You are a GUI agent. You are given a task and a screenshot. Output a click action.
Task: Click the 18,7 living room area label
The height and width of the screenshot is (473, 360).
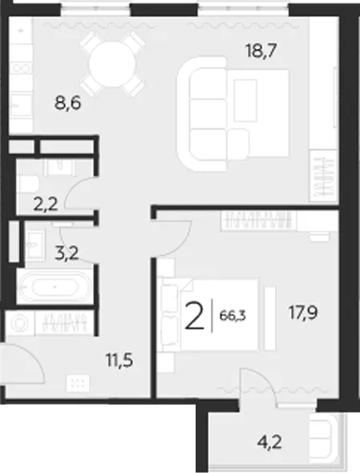click(x=261, y=51)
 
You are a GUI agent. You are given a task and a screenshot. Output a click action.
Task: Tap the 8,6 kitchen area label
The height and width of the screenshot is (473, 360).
click(x=68, y=103)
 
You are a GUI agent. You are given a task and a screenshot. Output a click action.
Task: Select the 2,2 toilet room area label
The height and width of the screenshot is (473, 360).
click(x=46, y=205)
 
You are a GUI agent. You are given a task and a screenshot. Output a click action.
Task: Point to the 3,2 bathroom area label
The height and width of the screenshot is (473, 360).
click(x=67, y=253)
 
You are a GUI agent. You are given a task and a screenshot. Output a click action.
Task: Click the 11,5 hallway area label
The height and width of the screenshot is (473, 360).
click(x=119, y=360)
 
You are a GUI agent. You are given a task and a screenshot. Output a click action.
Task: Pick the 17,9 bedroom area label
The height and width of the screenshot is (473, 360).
click(x=303, y=313)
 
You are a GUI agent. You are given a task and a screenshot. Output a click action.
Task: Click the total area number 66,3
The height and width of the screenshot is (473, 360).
click(x=233, y=316)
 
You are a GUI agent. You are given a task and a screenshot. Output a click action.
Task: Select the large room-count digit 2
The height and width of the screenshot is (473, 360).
click(x=195, y=316)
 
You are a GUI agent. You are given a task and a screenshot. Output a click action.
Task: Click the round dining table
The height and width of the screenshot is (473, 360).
click(x=112, y=63)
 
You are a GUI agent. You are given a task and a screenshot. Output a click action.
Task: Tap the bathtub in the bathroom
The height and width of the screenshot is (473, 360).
click(x=55, y=287)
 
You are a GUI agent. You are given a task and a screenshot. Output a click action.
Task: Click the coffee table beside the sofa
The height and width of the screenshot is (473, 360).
click(x=245, y=100)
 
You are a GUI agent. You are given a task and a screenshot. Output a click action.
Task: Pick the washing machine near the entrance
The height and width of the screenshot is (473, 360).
click(x=18, y=323)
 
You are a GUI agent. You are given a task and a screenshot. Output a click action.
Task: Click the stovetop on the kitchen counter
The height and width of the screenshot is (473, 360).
click(x=21, y=68)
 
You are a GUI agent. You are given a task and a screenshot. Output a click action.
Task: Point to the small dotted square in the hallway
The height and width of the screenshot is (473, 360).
click(x=78, y=383)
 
